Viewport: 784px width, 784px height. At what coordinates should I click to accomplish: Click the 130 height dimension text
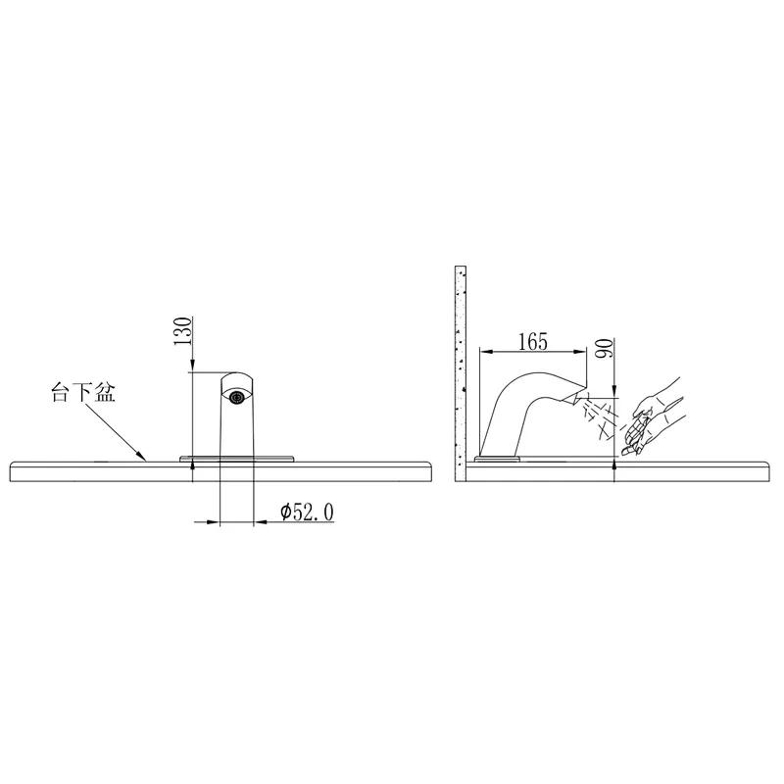[x=183, y=331]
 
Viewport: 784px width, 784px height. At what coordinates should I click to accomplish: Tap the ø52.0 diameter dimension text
[x=307, y=512]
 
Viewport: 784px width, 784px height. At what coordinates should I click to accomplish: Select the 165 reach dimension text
[x=533, y=342]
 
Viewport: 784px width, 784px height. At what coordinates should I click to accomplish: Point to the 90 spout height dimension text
[x=604, y=348]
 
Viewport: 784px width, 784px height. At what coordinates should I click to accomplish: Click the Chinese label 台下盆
[x=83, y=393]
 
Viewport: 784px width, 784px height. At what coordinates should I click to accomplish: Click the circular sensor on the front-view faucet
[x=236, y=398]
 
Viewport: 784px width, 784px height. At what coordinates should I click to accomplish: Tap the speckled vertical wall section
[x=461, y=373]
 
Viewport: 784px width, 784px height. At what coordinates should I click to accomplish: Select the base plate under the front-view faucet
[x=237, y=459]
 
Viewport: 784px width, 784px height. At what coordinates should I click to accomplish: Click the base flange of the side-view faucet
[x=498, y=459]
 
